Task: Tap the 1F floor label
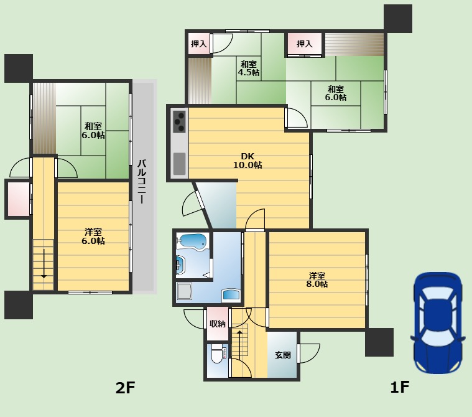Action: click(399, 387)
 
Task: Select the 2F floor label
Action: click(125, 388)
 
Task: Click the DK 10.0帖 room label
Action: click(248, 161)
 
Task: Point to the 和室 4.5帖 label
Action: click(248, 68)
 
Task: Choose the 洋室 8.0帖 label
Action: click(317, 280)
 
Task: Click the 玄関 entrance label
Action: click(283, 355)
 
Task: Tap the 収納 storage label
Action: click(217, 324)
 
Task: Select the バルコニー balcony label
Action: click(142, 181)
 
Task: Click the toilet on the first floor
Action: click(217, 354)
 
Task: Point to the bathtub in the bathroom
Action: click(192, 241)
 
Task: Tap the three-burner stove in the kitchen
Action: click(179, 122)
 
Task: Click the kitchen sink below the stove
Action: click(179, 164)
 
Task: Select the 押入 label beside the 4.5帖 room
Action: click(199, 44)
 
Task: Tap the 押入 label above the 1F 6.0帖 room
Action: click(305, 44)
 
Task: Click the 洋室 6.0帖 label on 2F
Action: click(93, 237)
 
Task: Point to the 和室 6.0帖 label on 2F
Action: click(93, 131)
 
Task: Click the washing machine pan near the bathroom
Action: click(184, 291)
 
